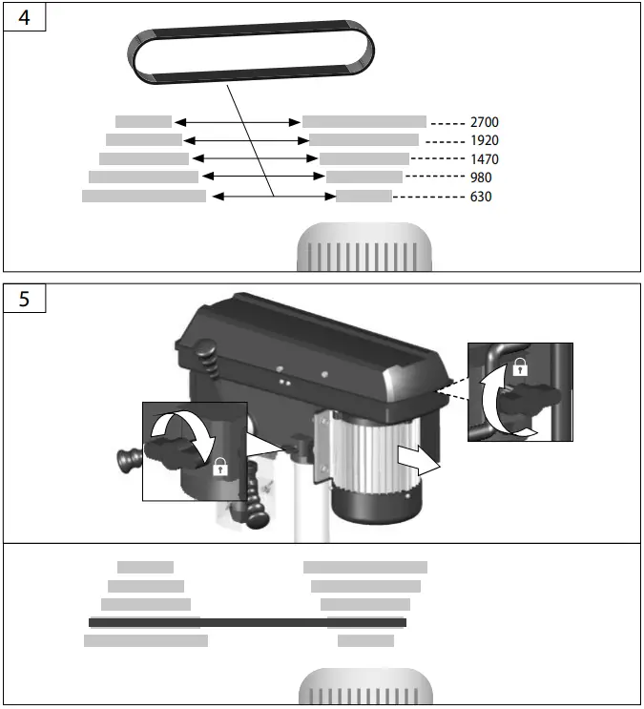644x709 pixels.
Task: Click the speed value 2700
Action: [484, 122]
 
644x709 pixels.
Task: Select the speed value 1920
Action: [484, 140]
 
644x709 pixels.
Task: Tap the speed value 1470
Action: [484, 159]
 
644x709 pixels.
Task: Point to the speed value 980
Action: [481, 177]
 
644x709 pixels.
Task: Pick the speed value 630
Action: [481, 197]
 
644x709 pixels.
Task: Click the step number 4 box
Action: [25, 18]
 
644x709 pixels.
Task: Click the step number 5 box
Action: [25, 299]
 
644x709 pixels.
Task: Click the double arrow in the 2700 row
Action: [238, 122]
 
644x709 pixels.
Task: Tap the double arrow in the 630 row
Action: [273, 197]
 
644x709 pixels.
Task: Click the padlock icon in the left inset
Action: [219, 466]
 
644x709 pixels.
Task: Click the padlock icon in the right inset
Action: [520, 365]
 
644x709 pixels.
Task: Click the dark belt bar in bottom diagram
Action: [247, 622]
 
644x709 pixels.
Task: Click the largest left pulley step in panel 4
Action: [144, 197]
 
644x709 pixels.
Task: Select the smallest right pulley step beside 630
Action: [364, 197]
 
